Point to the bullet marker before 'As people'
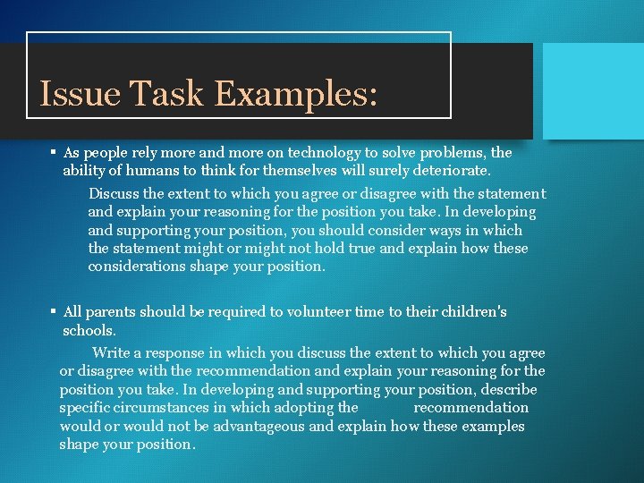tap(54, 152)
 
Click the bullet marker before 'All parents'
tap(54, 312)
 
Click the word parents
tap(110, 312)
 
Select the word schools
tap(89, 330)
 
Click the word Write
tap(112, 352)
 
